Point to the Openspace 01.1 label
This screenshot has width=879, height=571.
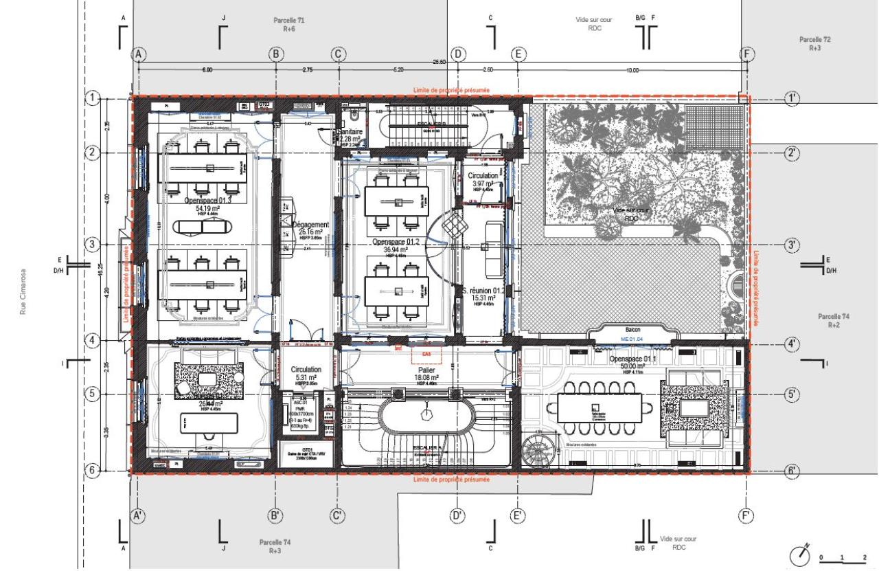point(635,360)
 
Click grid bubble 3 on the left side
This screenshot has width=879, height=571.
point(93,245)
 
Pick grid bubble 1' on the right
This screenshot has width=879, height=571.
point(793,98)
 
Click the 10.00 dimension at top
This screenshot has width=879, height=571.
point(632,70)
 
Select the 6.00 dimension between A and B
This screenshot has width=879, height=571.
point(207,70)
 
